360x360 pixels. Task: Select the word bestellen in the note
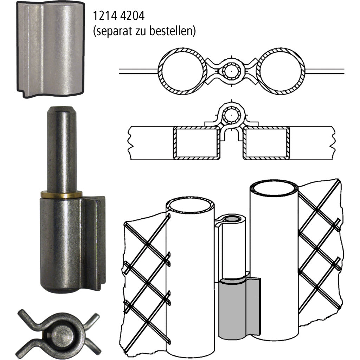[x=173, y=31]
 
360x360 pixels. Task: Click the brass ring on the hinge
[x=61, y=195]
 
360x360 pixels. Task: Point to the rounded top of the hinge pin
[x=62, y=110]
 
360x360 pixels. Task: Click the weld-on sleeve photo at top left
[x=51, y=49]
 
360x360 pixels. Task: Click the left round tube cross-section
[x=183, y=71]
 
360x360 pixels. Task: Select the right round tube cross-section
[x=280, y=71]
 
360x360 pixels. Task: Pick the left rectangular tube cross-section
[x=197, y=143]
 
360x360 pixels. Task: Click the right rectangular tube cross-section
[x=266, y=143]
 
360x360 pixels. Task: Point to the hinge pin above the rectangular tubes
[x=231, y=115]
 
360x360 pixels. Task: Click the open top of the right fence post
[x=274, y=188]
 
